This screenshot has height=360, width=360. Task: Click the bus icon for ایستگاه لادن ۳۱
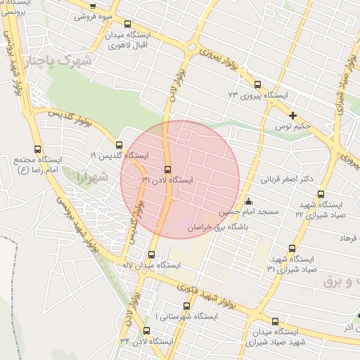[x=167, y=169]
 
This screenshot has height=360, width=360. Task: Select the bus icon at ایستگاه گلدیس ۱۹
[x=118, y=145]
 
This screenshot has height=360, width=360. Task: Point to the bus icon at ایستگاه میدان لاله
[x=151, y=255]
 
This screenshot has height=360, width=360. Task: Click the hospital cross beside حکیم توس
[x=292, y=115]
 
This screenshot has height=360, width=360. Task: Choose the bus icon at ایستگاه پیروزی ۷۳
[x=257, y=84]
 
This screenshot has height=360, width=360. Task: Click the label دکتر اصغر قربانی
[x=287, y=179]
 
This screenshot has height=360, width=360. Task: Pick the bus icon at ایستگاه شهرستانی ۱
[x=187, y=306]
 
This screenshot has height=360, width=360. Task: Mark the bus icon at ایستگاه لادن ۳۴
[x=146, y=330]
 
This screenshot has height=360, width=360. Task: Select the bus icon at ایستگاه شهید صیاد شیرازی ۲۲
[x=321, y=194]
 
